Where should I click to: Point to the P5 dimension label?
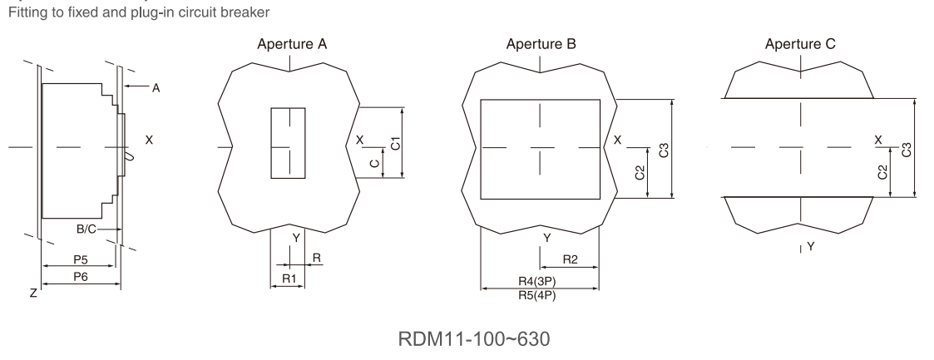(81, 259)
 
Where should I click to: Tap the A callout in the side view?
(155, 86)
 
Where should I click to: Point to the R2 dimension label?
(571, 259)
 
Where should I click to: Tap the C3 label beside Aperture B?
(664, 150)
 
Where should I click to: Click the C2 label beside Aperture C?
(882, 173)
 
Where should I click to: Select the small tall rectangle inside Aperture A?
(288, 142)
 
